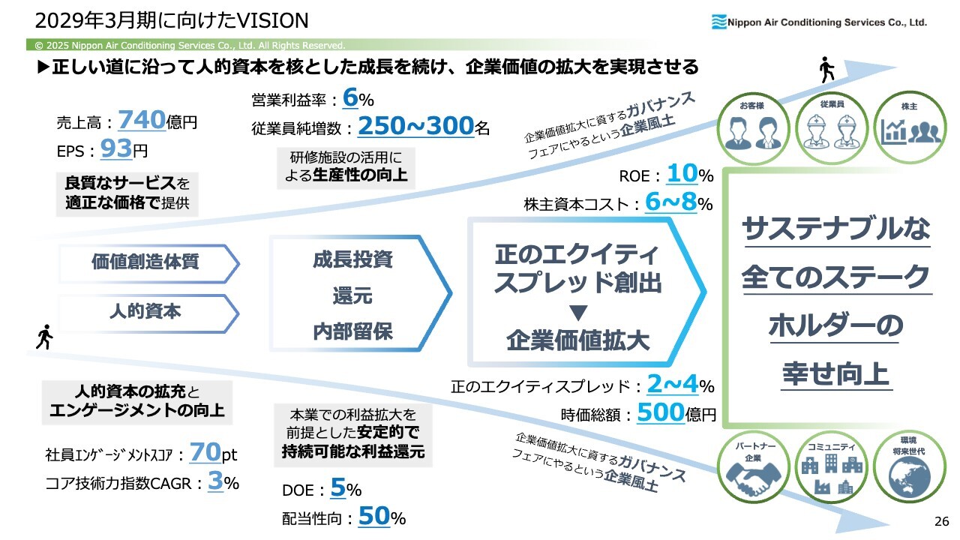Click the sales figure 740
click(x=142, y=119)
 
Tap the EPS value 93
click(x=116, y=148)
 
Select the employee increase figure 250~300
click(x=416, y=126)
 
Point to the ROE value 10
click(x=682, y=173)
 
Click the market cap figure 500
click(x=661, y=412)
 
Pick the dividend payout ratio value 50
click(x=373, y=517)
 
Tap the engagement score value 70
click(x=205, y=452)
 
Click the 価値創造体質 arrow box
click(x=148, y=263)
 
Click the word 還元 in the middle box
click(x=352, y=296)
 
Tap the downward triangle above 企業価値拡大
click(x=578, y=313)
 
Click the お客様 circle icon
click(x=754, y=128)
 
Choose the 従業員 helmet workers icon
click(x=832, y=128)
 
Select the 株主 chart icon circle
click(x=910, y=128)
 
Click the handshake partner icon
click(x=754, y=467)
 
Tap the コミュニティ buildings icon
click(x=832, y=467)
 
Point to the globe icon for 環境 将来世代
click(x=910, y=467)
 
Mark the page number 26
click(x=941, y=521)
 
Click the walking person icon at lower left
click(x=44, y=337)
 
